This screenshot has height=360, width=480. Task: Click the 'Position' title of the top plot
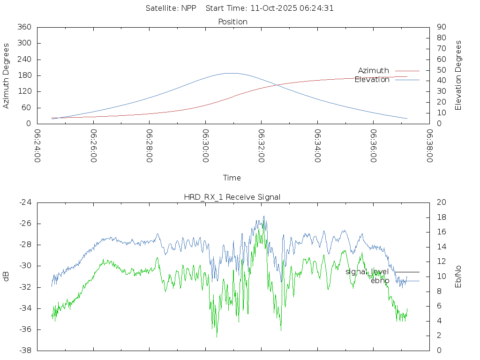click(232, 22)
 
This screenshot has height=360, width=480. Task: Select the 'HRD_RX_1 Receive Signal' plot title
click(232, 197)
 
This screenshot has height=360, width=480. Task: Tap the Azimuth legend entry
click(374, 71)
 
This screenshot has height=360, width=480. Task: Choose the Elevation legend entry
click(372, 80)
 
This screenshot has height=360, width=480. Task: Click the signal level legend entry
click(367, 272)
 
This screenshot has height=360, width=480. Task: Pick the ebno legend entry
click(380, 281)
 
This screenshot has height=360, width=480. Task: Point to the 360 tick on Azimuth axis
click(24, 27)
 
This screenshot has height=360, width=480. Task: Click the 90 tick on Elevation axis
click(441, 27)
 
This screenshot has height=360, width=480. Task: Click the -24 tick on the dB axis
click(25, 202)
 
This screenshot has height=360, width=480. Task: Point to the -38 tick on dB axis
click(25, 351)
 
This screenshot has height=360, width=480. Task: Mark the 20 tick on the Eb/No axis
click(441, 202)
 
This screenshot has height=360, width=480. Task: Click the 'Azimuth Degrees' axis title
click(7, 75)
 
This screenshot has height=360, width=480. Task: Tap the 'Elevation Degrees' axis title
click(458, 75)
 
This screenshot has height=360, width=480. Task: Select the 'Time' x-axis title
click(232, 178)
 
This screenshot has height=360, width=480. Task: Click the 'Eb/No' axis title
click(458, 277)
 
